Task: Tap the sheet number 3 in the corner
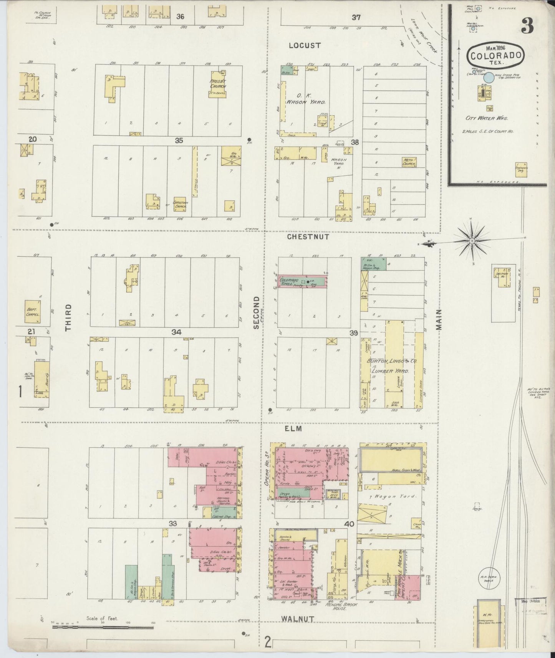pos(528,26)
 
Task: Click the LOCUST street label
pos(305,45)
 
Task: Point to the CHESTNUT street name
pos(308,237)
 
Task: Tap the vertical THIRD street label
pos(68,317)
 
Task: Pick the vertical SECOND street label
pos(257,312)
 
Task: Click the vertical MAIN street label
pos(439,319)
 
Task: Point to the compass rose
pos(472,241)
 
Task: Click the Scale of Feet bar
pos(103,627)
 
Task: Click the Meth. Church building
pos(409,162)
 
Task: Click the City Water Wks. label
pos(486,118)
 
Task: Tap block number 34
pos(176,332)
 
